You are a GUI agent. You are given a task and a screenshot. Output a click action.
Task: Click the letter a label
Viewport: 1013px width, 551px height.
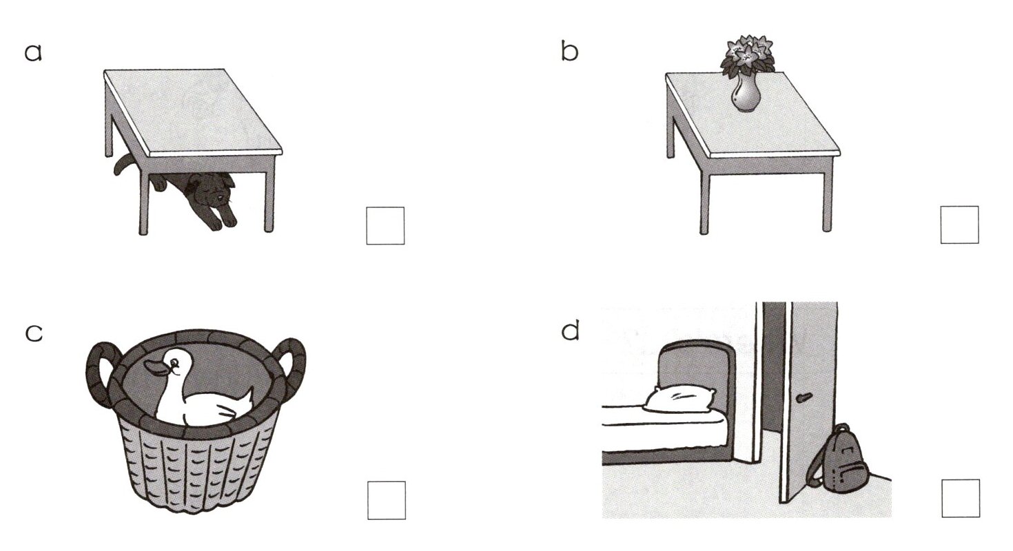coord(33,52)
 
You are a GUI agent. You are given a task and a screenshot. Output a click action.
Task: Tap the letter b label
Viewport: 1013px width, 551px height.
coord(569,52)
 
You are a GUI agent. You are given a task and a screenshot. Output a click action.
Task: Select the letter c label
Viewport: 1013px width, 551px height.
coord(33,333)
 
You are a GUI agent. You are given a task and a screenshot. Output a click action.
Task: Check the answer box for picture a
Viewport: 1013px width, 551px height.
coord(385,225)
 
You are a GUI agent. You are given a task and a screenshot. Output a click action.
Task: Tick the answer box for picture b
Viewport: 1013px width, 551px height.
coord(959,225)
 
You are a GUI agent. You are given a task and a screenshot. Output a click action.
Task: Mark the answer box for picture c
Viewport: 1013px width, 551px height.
coord(386,500)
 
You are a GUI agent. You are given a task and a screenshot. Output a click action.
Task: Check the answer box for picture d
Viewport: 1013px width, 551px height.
coord(960,498)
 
